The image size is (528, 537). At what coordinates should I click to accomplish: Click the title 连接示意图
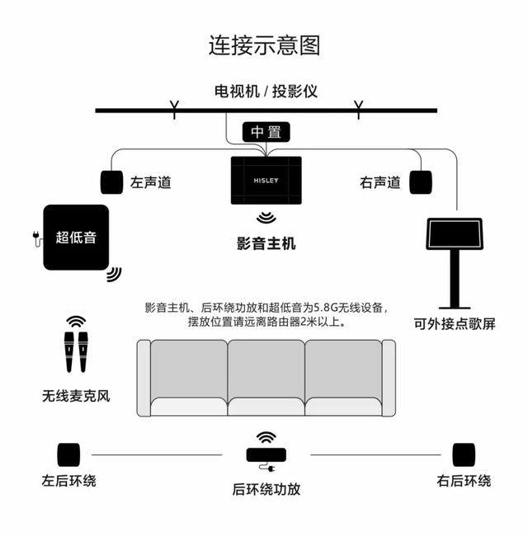[x=264, y=45]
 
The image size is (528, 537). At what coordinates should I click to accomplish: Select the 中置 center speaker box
[x=266, y=132]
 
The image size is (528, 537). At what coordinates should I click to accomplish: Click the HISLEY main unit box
[x=266, y=180]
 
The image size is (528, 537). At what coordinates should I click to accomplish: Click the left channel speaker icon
[x=111, y=181]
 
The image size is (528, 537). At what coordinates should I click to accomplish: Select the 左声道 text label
[x=151, y=182]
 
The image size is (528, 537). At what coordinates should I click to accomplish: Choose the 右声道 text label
[x=380, y=182]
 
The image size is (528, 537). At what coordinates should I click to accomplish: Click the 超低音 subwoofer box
[x=76, y=238]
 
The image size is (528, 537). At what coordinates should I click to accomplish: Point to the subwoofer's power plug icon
[x=35, y=238]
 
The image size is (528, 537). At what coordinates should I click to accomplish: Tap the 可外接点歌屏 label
[x=455, y=324]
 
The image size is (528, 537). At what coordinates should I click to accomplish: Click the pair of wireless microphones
[x=76, y=353]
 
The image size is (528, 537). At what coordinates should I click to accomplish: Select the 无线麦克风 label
[x=76, y=396]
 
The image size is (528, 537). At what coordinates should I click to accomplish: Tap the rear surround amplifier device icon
[x=266, y=455]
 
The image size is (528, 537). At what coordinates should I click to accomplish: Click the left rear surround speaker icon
[x=68, y=455]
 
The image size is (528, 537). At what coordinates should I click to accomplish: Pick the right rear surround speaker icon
[x=464, y=455]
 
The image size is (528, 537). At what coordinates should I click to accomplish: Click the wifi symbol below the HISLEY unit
[x=266, y=219]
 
